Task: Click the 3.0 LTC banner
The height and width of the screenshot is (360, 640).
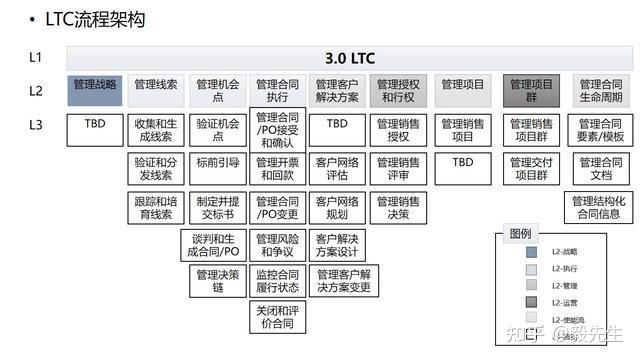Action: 349,57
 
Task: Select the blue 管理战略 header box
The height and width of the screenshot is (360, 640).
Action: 96,90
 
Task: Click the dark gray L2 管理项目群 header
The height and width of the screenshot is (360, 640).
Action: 530,90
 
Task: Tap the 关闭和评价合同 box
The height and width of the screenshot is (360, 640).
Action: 276,317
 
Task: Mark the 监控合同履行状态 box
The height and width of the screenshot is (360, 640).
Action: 276,281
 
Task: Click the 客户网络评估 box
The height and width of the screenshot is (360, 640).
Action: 337,168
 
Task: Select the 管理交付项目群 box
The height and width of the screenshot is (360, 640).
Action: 530,168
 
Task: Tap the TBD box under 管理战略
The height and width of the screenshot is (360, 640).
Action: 96,125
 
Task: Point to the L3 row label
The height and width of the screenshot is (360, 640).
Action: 35,124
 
